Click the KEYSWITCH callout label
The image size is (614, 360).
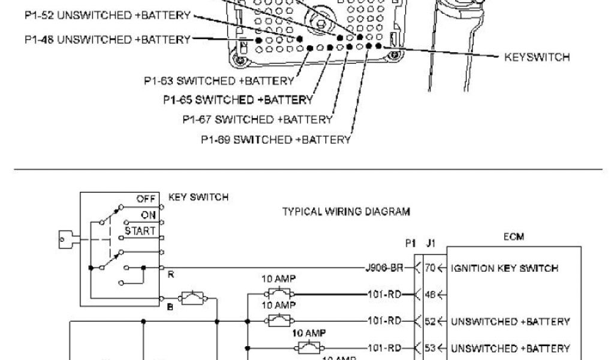pos(537,58)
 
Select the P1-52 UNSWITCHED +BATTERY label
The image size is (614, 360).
pos(107,14)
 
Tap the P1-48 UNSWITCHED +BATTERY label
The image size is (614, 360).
pos(107,40)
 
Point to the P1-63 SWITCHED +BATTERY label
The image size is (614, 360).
pos(219,80)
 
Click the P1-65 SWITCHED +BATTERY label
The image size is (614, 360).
pos(237,99)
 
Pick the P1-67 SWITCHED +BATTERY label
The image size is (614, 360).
pos(257,119)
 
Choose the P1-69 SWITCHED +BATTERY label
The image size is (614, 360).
pos(276,140)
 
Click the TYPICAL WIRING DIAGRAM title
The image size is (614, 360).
pos(346,211)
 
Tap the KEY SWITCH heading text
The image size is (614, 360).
pos(198,197)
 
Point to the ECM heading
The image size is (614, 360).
pos(514,236)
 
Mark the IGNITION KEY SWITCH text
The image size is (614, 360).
pos(505,268)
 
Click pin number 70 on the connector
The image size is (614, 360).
pos(429,268)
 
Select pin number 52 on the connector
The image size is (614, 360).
pos(429,322)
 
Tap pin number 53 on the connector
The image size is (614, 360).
pos(429,348)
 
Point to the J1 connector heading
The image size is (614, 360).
pos(429,244)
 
